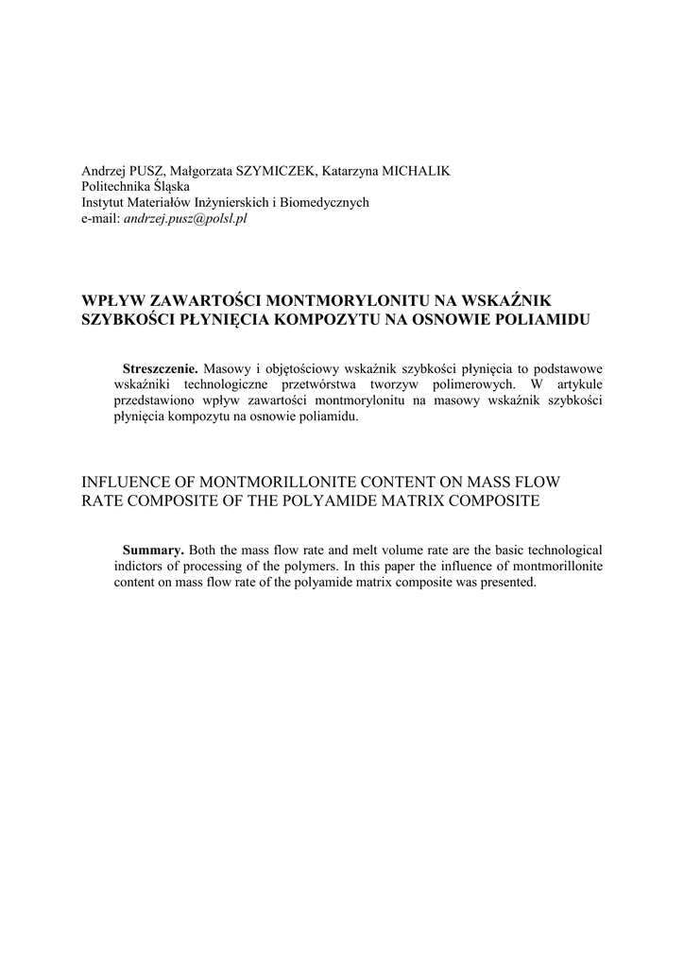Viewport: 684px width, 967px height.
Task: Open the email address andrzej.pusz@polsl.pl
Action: [x=185, y=218]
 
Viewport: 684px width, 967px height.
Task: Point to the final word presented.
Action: [x=507, y=582]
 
